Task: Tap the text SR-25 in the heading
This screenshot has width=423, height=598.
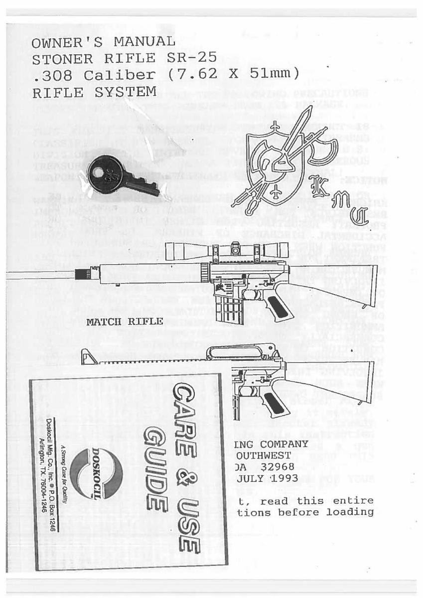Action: click(180, 59)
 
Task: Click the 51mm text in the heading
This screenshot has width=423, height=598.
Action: click(272, 76)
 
